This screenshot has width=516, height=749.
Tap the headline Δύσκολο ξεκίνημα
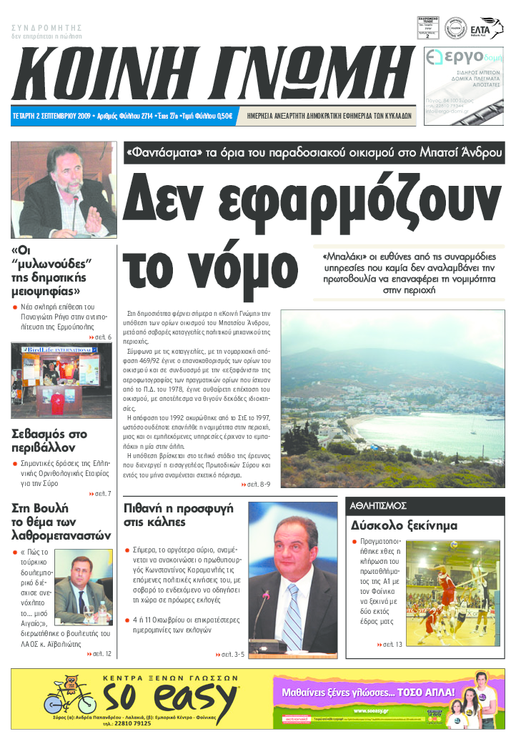point(404,526)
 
